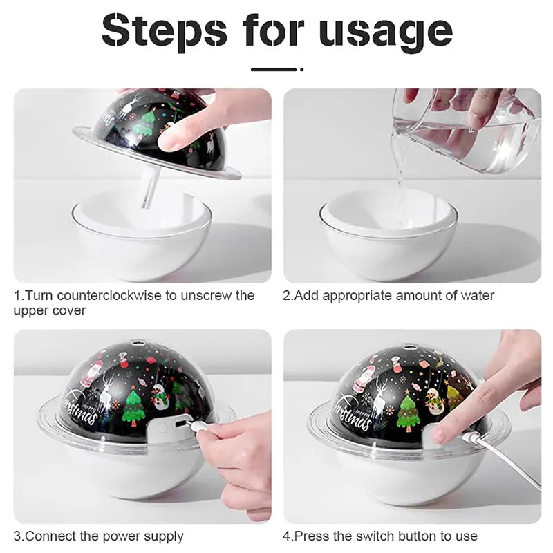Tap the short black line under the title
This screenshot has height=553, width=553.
click(x=273, y=69)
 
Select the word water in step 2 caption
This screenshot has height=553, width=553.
click(x=477, y=296)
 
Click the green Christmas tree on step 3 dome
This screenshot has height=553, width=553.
click(x=133, y=408)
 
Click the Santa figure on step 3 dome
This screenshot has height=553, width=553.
click(x=90, y=374)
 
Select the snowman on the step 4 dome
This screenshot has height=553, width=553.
click(x=434, y=400)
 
